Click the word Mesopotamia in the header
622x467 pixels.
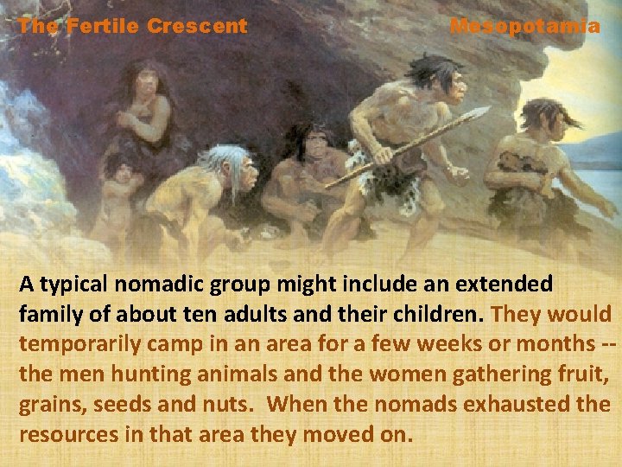(524, 26)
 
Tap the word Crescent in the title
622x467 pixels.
(197, 26)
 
